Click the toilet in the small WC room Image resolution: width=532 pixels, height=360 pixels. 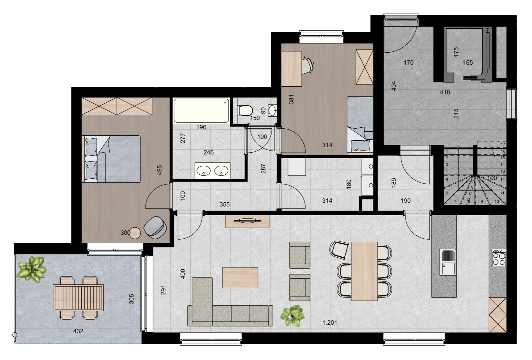246,110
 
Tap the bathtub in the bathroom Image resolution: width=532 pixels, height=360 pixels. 201,110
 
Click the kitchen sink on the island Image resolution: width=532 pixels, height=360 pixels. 448,262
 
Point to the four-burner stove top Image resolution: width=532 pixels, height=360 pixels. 499,257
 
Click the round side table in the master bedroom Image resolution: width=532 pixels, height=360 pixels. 135,233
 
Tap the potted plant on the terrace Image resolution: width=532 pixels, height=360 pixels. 32,268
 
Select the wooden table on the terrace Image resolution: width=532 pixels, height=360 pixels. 78,298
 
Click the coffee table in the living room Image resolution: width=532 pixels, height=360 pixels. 240,278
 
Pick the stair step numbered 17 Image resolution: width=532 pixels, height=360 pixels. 503,144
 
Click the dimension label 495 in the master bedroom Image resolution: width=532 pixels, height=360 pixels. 159,170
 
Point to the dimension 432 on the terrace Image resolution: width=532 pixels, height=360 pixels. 78,331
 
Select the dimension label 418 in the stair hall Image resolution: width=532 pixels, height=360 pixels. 445,92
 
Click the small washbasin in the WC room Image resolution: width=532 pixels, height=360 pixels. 273,110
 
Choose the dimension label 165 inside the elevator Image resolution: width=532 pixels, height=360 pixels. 468,62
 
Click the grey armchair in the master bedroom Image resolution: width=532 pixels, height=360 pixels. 155,227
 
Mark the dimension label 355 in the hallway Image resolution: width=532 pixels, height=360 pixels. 224,204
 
